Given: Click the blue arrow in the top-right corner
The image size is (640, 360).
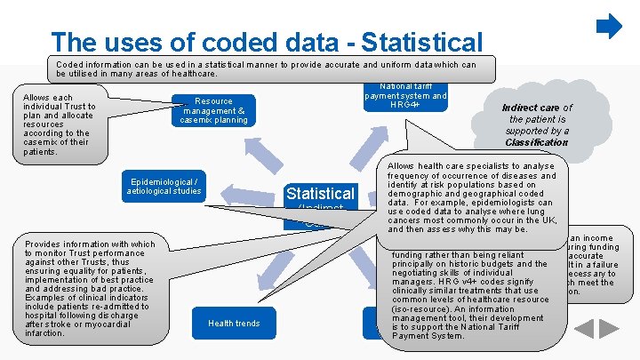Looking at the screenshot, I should (x=609, y=27).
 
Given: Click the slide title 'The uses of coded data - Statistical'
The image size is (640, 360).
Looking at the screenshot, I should (x=267, y=42).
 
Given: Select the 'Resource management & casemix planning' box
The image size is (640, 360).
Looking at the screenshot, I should (x=213, y=109).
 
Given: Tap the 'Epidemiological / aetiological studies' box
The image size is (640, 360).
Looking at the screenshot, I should (x=164, y=186).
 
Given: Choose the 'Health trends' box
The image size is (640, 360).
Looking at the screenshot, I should (x=234, y=323).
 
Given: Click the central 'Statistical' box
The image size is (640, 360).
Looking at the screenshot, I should (x=319, y=194).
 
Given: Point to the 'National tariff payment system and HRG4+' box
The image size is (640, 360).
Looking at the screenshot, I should (x=406, y=96).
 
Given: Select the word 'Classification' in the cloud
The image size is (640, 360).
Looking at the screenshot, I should (x=536, y=142).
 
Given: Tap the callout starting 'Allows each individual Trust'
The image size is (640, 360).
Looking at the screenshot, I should (x=60, y=124).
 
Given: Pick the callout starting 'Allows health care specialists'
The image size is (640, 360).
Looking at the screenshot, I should (x=471, y=197).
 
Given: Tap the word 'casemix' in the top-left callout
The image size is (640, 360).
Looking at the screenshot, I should (x=42, y=142).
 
